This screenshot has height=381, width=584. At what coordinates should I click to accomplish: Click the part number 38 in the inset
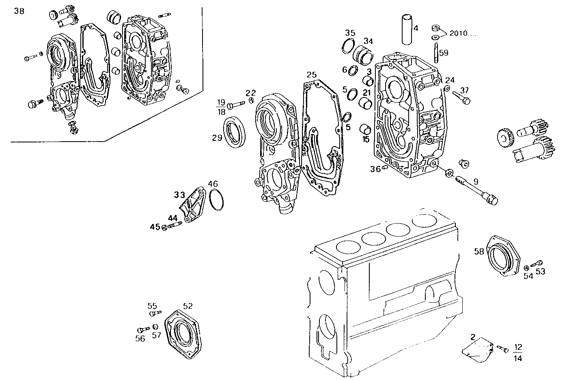[x=19, y=11]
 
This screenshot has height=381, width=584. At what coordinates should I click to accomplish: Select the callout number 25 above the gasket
[x=311, y=75]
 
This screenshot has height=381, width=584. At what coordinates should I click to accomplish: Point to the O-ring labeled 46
[x=217, y=200]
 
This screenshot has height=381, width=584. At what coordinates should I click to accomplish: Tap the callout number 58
[x=479, y=252]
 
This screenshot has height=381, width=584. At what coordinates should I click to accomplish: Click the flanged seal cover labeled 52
[x=183, y=333]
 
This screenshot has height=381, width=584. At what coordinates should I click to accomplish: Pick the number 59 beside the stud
[x=444, y=52]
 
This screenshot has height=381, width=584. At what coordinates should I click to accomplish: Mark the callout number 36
[x=375, y=169]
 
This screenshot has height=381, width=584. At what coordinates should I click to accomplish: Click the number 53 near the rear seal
[x=540, y=271]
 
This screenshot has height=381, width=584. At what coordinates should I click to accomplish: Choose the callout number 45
[x=155, y=227]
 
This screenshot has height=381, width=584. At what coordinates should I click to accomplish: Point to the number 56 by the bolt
[x=140, y=338]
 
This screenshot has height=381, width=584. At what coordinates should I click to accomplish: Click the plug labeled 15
[x=366, y=130]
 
